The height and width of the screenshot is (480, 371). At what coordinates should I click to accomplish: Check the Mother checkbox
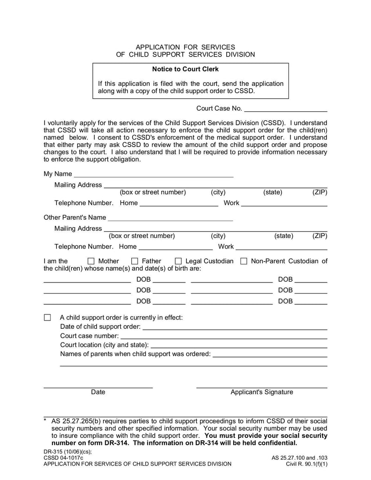91,261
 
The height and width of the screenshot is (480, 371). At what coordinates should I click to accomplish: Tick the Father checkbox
134,261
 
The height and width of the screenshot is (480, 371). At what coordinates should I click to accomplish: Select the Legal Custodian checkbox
178,261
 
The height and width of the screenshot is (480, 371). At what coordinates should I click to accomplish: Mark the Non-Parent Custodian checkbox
244,261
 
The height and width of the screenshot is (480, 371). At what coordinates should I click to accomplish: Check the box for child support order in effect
47,318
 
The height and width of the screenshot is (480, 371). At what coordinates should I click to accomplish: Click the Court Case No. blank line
285,110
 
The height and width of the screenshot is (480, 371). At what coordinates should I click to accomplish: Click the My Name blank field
154,175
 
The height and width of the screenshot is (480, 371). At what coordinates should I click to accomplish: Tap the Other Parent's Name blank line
170,218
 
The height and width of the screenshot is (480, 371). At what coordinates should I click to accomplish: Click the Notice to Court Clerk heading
185,69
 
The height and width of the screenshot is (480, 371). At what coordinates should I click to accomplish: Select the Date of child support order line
235,327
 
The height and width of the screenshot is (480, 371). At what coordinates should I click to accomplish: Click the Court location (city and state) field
239,346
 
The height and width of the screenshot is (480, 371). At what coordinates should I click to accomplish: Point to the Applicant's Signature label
262,392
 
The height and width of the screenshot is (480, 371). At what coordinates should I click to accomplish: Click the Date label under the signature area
98,392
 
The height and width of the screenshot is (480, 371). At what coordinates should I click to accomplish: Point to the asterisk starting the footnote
45,421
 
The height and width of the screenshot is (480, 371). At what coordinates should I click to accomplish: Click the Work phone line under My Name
284,204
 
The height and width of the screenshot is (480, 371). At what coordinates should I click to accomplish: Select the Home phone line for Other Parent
175,248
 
